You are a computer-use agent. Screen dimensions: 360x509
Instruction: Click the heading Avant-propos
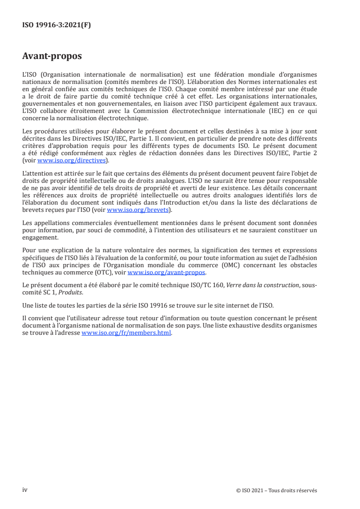tap(52, 57)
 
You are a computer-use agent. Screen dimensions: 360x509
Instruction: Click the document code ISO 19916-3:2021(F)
tap(57, 25)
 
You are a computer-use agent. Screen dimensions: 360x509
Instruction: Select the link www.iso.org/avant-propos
tap(167, 272)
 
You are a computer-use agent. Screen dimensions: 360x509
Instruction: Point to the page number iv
tap(25, 489)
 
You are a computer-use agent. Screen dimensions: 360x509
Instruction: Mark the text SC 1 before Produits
tap(54, 290)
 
